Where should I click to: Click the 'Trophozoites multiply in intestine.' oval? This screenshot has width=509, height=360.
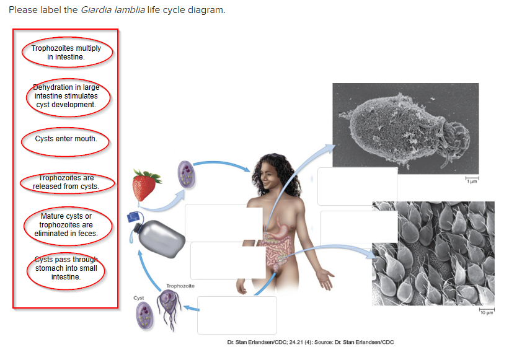pos(66,53)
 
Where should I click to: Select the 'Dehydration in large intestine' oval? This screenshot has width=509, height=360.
pos(66,96)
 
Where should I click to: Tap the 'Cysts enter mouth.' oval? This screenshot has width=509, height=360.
pos(66,139)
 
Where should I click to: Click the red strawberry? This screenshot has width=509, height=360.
pos(144,185)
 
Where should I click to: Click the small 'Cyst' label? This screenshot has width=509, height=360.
pos(139,297)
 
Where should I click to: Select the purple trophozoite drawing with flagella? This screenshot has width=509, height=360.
pos(168,308)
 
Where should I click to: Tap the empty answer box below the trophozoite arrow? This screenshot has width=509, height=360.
pos(237,315)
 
